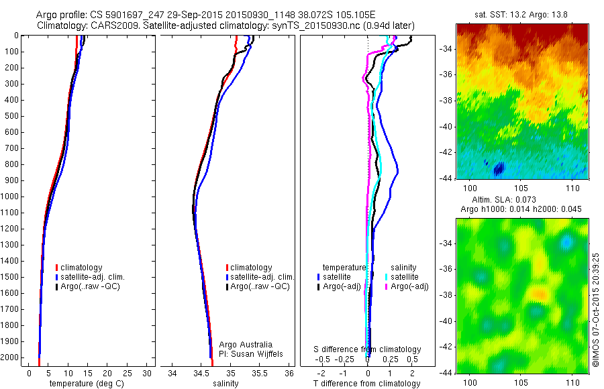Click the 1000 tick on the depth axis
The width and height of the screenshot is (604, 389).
[x=11, y=197]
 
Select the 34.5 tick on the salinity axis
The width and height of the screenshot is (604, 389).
[x=201, y=373]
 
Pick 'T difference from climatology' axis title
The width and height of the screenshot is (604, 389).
[x=367, y=384]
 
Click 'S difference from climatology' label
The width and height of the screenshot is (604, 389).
[x=368, y=349]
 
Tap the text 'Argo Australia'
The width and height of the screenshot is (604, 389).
[x=246, y=345]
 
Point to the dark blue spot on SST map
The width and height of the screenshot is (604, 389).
[x=499, y=169]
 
